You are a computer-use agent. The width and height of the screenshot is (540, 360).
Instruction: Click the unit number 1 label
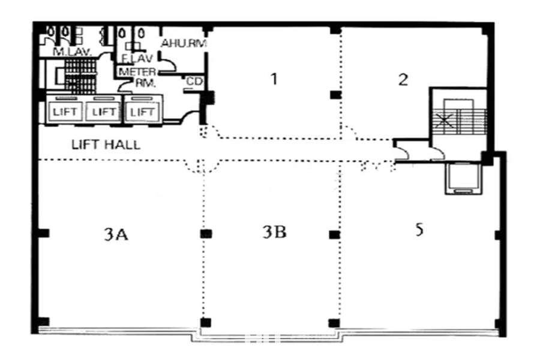274,79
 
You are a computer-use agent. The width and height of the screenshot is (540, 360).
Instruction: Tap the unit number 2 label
403,80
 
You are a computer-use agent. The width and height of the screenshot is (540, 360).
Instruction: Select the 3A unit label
116,235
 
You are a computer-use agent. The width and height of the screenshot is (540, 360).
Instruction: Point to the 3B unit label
274,232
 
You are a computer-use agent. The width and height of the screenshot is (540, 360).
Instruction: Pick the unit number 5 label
419,229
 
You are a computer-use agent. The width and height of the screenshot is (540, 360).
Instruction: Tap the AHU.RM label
184,43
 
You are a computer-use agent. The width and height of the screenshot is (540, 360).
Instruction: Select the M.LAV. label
73,52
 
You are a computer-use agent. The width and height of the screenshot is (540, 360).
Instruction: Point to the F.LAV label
137,59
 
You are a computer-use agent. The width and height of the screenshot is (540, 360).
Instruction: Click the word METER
137,72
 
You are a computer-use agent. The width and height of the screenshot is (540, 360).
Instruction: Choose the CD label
194,82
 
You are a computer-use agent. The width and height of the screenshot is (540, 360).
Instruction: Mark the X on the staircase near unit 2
445,121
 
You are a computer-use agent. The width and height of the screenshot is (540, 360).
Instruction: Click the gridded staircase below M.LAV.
80,76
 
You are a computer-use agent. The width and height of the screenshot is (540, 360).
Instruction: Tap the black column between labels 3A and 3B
206,234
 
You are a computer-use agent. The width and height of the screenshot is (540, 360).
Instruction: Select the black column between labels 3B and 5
334,235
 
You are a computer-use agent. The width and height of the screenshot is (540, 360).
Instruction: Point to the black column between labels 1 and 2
335,94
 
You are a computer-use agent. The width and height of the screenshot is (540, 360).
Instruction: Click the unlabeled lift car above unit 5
463,178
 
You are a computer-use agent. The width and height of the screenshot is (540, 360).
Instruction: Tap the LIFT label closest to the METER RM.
142,112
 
